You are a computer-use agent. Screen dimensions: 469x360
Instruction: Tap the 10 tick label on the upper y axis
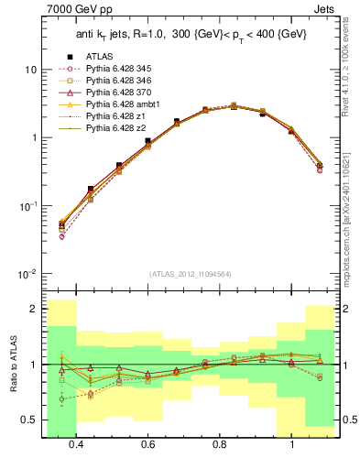pyautogui.click(x=31, y=70)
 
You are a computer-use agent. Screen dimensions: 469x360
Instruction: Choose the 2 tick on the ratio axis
pyautogui.click(x=34, y=309)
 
